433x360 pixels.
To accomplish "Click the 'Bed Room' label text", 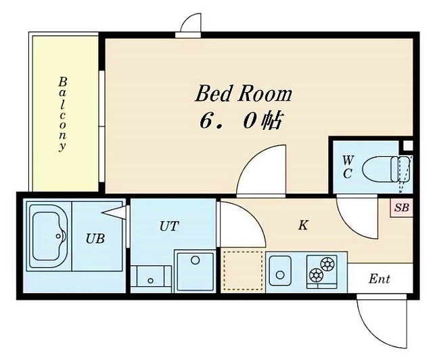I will click(244, 93).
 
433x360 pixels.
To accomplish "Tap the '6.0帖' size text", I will click(240, 122).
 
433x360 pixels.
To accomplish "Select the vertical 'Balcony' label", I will click(63, 113).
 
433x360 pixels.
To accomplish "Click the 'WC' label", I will click(347, 165).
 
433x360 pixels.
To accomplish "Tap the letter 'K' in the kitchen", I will click(303, 225).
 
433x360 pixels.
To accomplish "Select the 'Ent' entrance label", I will click(380, 279).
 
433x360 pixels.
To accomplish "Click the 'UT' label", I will click(168, 226).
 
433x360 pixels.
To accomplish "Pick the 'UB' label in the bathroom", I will click(94, 238).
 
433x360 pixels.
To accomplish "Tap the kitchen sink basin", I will click(279, 272).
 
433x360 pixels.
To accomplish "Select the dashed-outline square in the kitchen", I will click(242, 271).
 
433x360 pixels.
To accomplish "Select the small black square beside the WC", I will click(407, 145).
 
